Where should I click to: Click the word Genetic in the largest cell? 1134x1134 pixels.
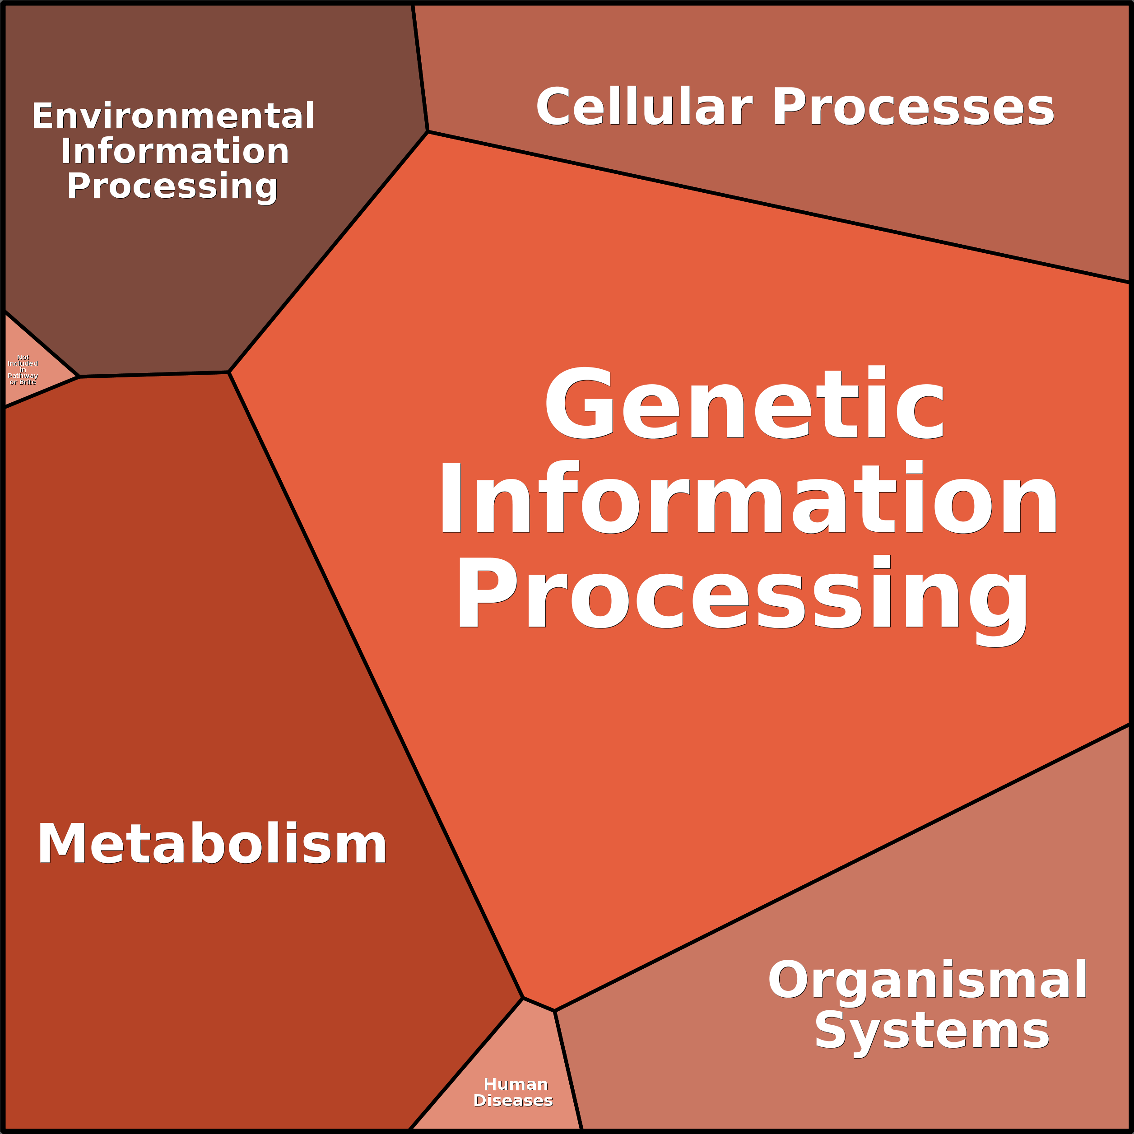pyautogui.click(x=744, y=404)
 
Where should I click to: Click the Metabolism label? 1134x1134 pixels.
pyautogui.click(x=212, y=844)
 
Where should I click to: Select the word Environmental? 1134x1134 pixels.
pyautogui.click(x=173, y=116)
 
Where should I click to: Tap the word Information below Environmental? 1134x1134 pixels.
pyautogui.click(x=175, y=151)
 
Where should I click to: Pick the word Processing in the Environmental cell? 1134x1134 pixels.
pyautogui.click(x=172, y=186)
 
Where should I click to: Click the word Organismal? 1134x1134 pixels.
pyautogui.click(x=927, y=979)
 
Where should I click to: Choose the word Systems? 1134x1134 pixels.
pyautogui.click(x=931, y=1031)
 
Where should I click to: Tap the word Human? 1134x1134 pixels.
pyautogui.click(x=516, y=1084)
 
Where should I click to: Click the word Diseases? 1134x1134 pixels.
pyautogui.click(x=513, y=1101)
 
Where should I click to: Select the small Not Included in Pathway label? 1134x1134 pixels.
pyautogui.click(x=23, y=369)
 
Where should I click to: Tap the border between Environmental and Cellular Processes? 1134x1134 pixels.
pyautogui.click(x=420, y=68)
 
